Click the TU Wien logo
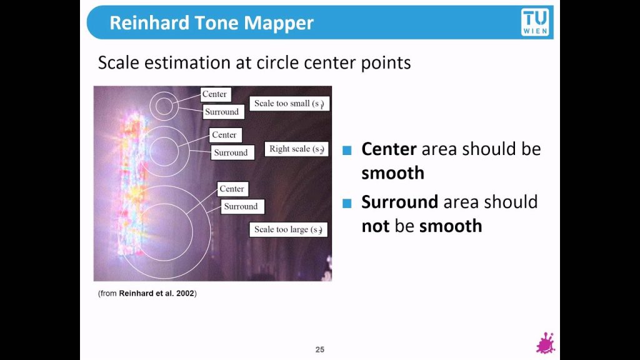coord(535,22)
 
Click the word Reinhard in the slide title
coord(149,23)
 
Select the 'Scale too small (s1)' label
coord(289,104)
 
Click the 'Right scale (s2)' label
coord(296,149)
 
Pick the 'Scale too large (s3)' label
coord(289,229)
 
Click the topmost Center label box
coord(216,94)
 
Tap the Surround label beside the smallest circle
coord(223,112)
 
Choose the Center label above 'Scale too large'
coord(232,189)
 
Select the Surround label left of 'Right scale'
coord(232,152)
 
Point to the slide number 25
coord(320,350)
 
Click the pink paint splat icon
coord(546,343)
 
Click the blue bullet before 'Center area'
coord(347,150)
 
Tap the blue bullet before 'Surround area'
coord(347,203)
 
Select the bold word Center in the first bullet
coord(389,149)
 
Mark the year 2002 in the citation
coord(185,294)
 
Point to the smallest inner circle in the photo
coord(164,106)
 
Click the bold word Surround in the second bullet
coord(400,202)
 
